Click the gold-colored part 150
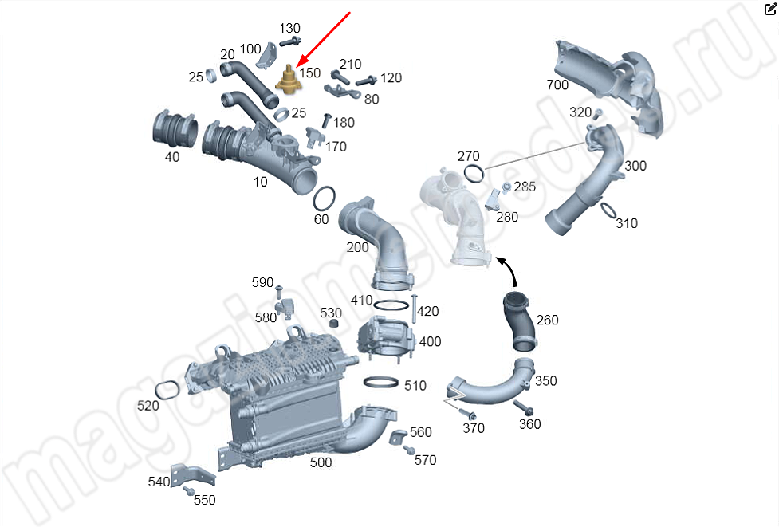(x=289, y=81)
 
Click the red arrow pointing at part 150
(x=324, y=39)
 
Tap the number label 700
(x=557, y=85)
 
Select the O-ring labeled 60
(x=324, y=199)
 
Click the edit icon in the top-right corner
(x=769, y=9)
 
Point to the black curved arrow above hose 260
(x=511, y=271)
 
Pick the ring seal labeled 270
(x=474, y=173)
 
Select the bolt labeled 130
(x=290, y=41)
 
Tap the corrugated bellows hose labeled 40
(x=175, y=131)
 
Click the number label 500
(x=321, y=462)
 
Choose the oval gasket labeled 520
(x=167, y=390)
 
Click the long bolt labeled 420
(x=413, y=308)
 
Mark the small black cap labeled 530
(x=335, y=324)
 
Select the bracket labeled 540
(x=193, y=475)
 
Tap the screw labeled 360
(x=523, y=407)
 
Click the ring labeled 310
(x=608, y=210)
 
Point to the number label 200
(x=357, y=247)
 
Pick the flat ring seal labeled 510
(x=381, y=383)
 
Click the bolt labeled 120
(x=367, y=80)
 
